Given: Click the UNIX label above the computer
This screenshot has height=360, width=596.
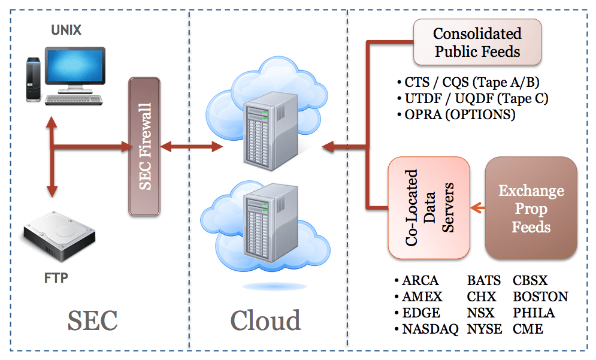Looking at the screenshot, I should (66, 30).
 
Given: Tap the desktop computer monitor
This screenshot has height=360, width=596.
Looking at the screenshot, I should (74, 67).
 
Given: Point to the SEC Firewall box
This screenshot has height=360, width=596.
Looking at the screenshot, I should (145, 146).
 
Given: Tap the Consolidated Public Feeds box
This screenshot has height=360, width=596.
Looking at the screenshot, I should (477, 43).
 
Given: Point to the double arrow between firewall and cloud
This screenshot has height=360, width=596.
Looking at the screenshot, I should (190, 146).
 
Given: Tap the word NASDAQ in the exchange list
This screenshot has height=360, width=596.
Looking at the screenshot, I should (429, 329).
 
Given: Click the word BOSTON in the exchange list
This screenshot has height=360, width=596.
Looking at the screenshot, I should (540, 297).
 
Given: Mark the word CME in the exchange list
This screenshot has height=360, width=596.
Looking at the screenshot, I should (528, 329).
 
